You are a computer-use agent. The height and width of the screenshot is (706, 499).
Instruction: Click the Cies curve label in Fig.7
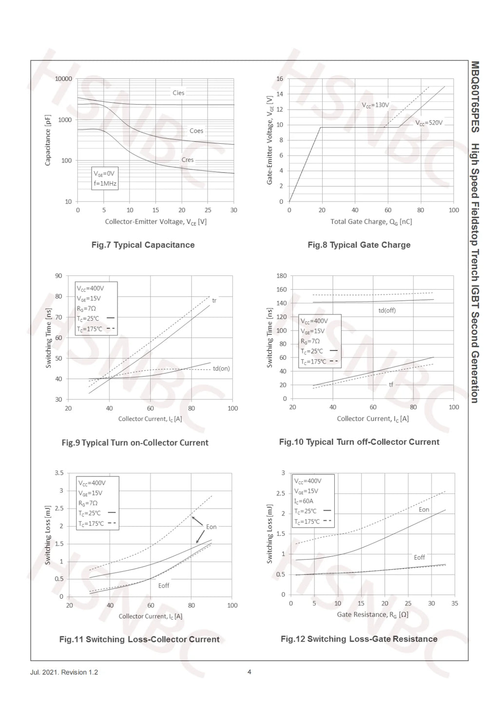[178, 93]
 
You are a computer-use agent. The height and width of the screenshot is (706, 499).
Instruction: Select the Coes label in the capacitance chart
[196, 131]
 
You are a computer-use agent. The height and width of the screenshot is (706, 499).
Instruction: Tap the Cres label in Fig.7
[188, 160]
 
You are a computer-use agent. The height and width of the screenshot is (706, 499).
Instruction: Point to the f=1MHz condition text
[105, 183]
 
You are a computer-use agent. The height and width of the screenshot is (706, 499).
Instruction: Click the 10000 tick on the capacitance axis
[63, 79]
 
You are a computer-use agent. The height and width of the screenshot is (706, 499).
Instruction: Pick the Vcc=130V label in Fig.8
[375, 105]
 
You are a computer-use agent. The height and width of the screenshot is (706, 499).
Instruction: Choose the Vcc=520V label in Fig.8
[429, 122]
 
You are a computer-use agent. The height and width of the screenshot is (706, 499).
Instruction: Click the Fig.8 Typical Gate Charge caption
[359, 245]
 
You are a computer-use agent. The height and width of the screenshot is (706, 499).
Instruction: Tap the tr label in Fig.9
[214, 300]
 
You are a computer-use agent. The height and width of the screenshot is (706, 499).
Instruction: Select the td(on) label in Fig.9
[221, 369]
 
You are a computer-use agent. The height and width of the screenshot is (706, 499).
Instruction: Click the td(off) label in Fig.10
[387, 311]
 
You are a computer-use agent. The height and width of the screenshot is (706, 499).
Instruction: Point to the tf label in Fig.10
[391, 385]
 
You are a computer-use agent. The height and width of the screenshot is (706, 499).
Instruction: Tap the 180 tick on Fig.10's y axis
[282, 276]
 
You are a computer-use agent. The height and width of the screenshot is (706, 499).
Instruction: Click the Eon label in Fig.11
[211, 527]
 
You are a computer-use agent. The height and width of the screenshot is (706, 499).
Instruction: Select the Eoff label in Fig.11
[164, 585]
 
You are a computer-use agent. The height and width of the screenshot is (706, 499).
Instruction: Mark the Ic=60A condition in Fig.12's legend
[304, 501]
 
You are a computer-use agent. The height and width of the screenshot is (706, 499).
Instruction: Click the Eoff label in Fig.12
[419, 557]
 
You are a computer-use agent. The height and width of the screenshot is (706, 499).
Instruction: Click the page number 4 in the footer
[249, 672]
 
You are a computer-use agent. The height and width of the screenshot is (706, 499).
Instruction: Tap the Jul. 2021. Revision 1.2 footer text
[64, 672]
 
